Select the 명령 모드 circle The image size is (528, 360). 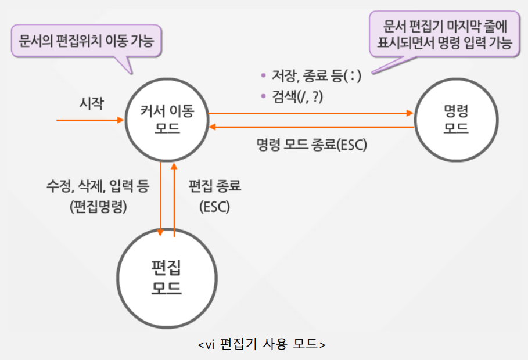point(455,119)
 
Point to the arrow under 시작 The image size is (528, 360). point(90,120)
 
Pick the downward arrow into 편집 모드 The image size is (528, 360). point(160,197)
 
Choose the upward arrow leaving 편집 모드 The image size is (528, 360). point(174,197)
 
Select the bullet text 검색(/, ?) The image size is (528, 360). point(297,97)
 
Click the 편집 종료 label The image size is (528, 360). point(214,186)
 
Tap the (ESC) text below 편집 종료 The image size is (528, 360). point(214,206)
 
